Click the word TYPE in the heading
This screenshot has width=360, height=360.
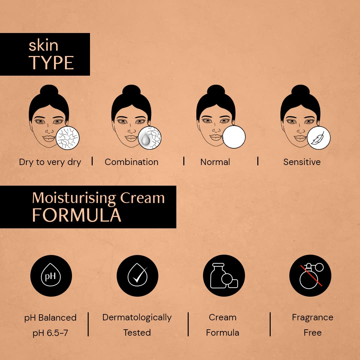pos(51,63)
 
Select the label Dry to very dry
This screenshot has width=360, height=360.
pos(50,162)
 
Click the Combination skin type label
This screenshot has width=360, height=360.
pos(131,162)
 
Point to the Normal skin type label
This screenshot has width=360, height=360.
pos(215,162)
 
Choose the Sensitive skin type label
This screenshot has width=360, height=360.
pos(302,162)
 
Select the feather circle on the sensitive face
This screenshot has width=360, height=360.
pos(319,138)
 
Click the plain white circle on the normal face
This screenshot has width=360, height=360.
pos(234,137)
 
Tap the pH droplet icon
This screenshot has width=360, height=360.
pos(51,276)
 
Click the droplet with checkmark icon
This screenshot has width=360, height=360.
pos(137,276)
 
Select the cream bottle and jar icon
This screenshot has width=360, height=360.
pos(224,276)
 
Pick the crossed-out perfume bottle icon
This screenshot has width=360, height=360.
pos(310,276)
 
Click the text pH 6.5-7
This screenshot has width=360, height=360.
pos(50,333)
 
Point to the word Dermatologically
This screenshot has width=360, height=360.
pos(137,318)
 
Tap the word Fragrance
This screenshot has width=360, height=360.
pos(312,318)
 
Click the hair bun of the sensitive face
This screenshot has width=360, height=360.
pos(301,90)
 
